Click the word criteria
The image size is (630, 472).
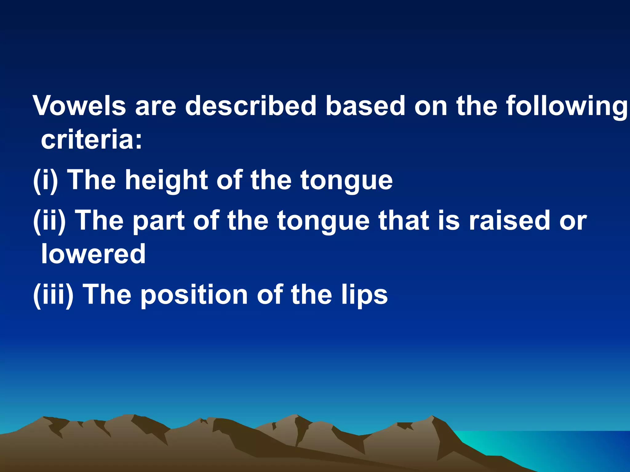91,140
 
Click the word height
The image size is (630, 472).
166,181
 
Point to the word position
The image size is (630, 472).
194,295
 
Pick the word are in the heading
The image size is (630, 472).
156,106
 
